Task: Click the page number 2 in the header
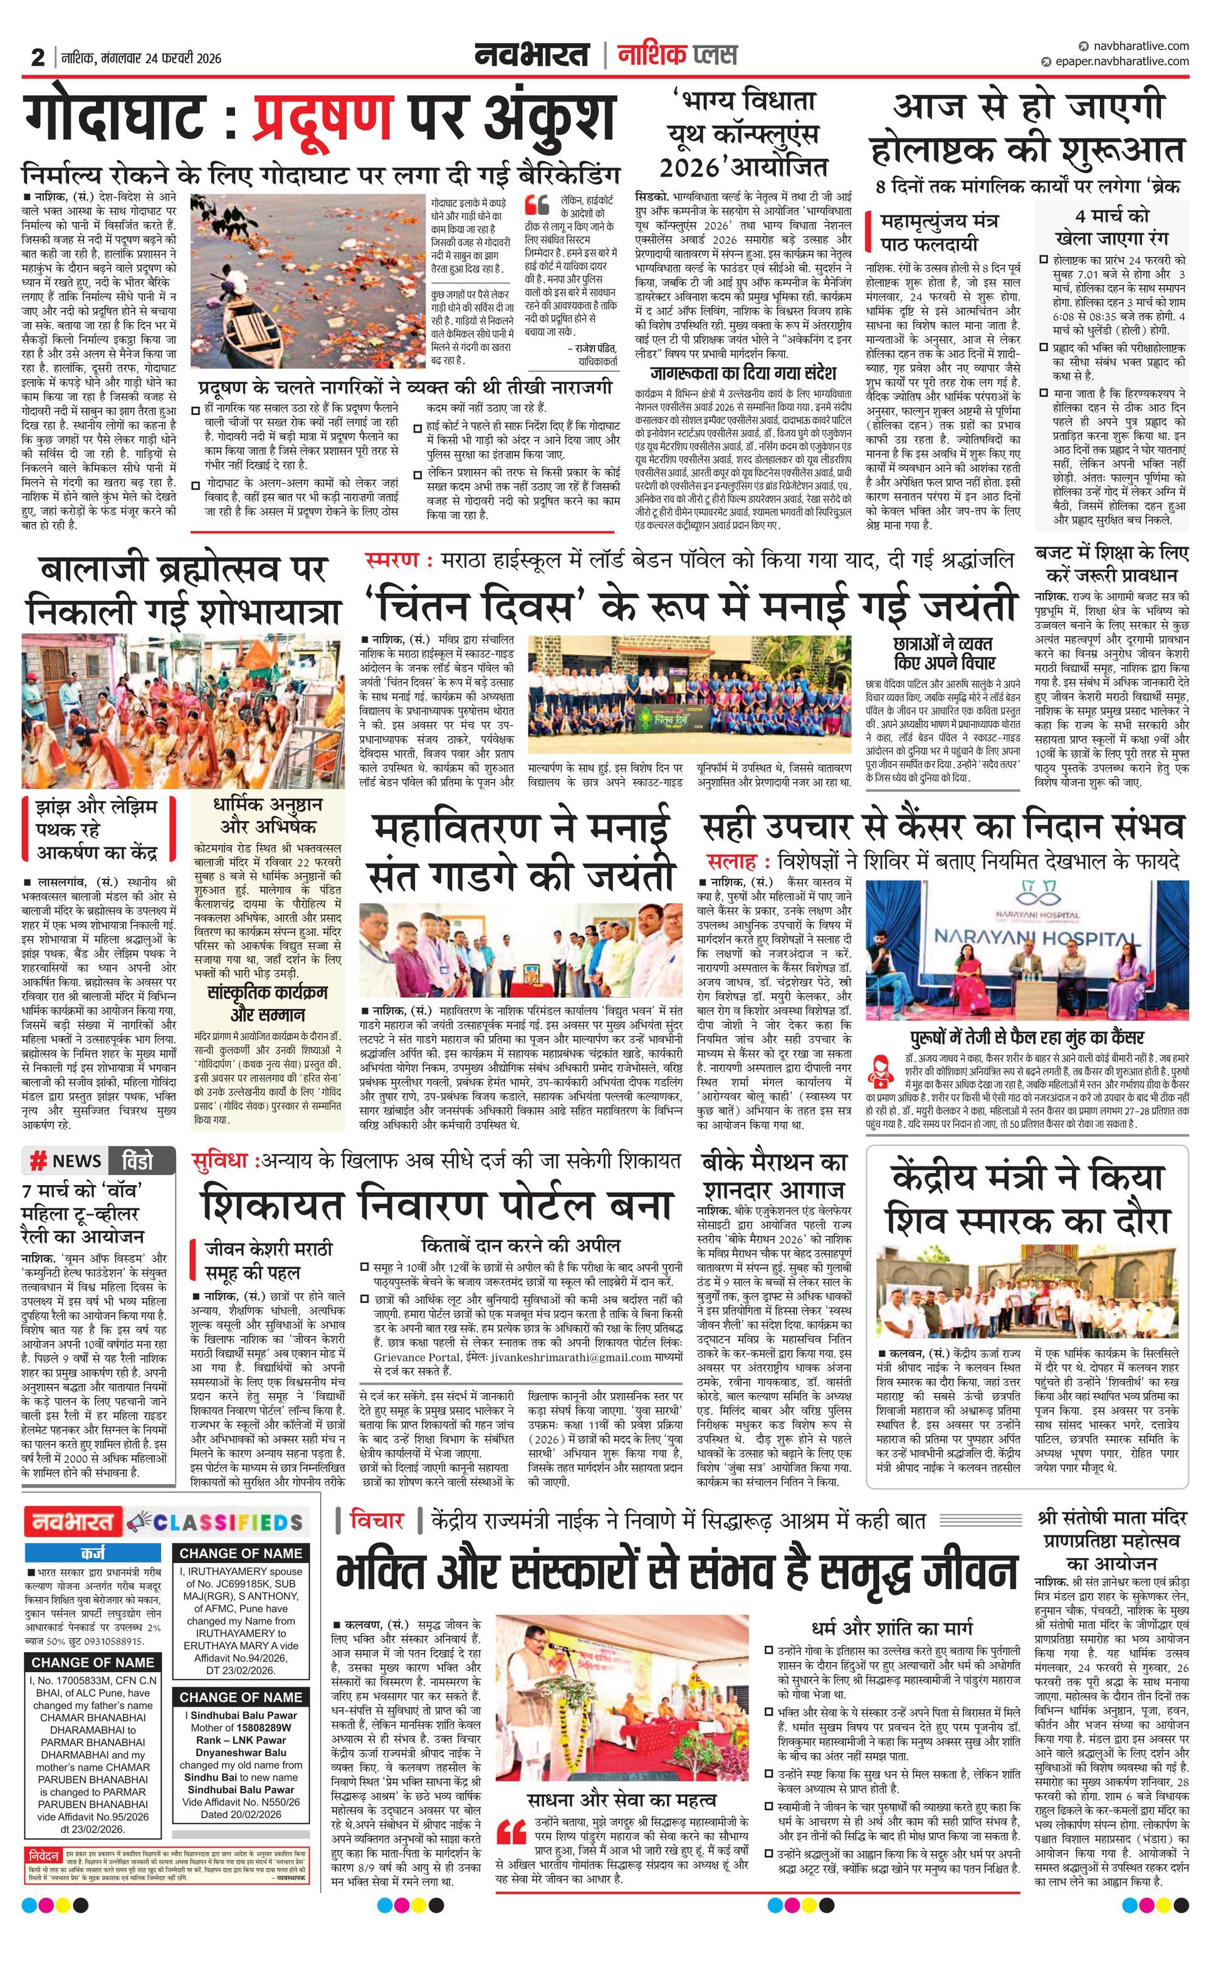pos(38,58)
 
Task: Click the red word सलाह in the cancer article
pos(731,860)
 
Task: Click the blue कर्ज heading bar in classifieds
pos(93,1553)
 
